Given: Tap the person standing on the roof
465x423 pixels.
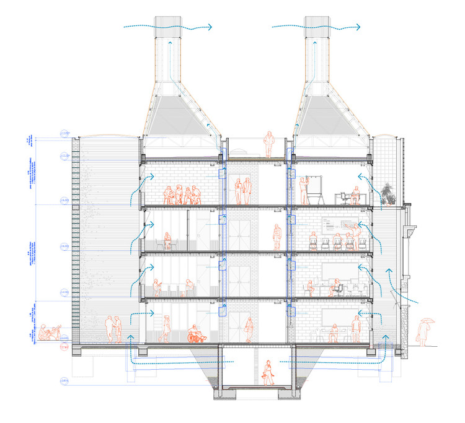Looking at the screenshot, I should point(268,144).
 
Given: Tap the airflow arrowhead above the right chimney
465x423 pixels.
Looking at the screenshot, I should point(360,27).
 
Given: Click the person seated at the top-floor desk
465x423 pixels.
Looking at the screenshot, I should point(353,196).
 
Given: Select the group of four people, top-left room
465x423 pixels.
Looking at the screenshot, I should point(182,195).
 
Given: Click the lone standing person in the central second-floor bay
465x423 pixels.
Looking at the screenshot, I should point(277,237).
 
